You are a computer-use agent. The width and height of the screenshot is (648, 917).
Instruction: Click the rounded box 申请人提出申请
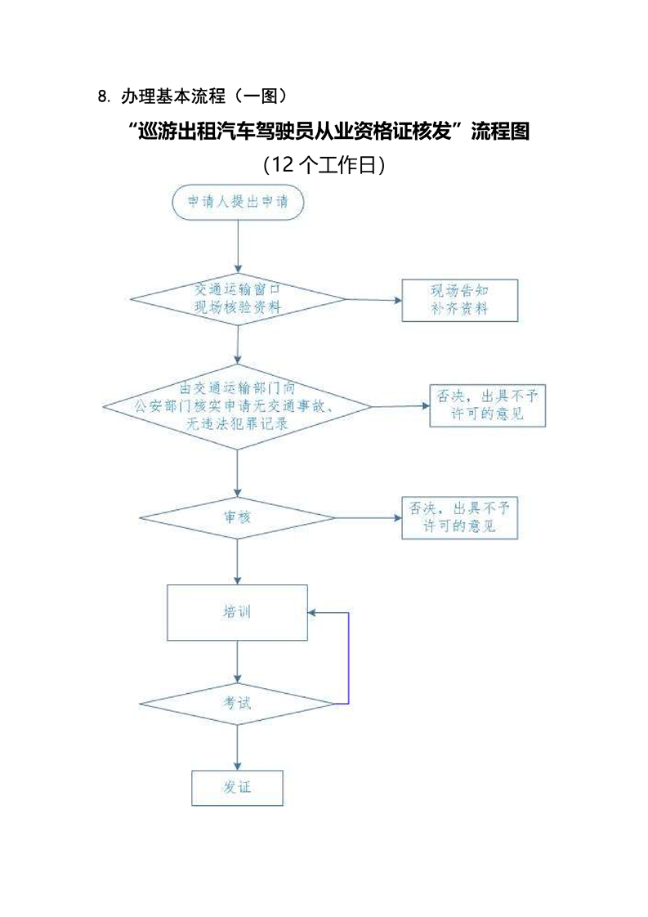[238, 203]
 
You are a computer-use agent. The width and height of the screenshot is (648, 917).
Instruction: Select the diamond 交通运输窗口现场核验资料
[238, 299]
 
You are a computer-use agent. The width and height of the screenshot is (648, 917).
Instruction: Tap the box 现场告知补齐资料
[459, 299]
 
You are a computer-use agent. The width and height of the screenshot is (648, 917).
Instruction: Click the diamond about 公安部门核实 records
[237, 406]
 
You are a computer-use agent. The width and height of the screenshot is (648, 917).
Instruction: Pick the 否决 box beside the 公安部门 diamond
[487, 405]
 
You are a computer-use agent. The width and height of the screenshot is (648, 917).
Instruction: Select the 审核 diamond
[237, 517]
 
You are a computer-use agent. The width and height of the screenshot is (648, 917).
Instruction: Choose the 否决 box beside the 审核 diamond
[460, 517]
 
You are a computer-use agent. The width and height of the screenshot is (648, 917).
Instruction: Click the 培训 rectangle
[237, 612]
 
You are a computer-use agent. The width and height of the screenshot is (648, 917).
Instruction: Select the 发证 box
[237, 788]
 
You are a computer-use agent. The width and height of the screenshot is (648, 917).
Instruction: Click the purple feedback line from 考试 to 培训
[349, 658]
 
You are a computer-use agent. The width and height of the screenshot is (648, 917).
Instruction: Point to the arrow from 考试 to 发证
[237, 748]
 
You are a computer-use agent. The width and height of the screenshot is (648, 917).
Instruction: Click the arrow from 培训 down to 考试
[237, 663]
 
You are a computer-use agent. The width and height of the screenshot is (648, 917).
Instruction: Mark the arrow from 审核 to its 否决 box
[368, 517]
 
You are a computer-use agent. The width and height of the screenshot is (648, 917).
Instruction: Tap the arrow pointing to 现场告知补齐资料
[373, 299]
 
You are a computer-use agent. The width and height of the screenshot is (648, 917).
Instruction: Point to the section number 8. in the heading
[103, 97]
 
